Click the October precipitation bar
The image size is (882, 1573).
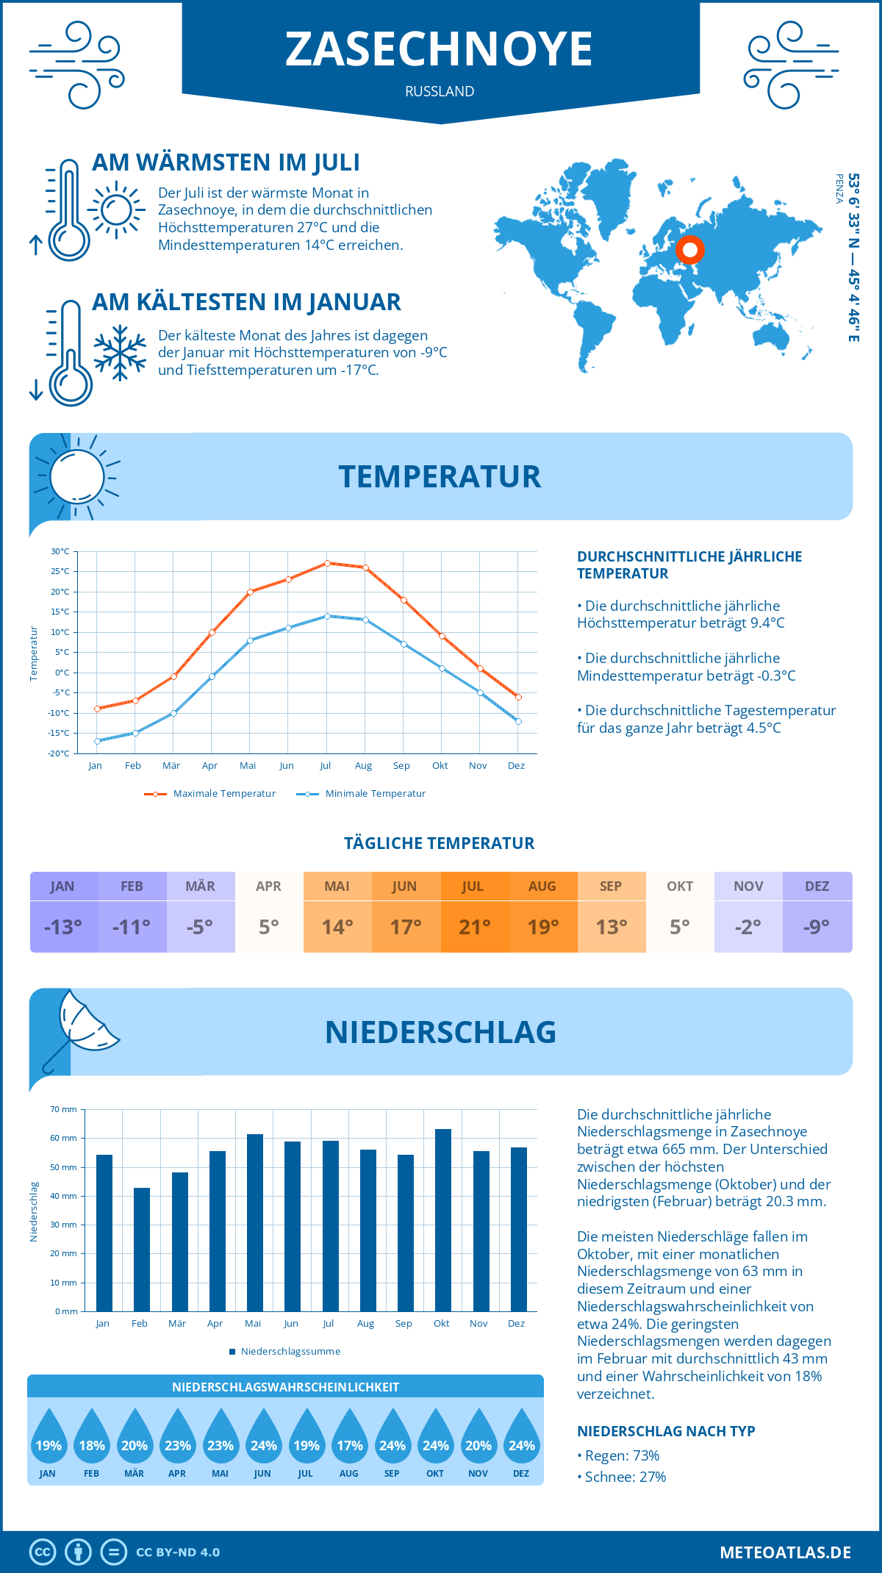[442, 1220]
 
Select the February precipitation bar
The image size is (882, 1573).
[141, 1250]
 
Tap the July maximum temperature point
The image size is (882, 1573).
[327, 563]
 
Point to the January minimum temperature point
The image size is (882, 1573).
[97, 741]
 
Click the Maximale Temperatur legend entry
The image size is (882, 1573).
[210, 794]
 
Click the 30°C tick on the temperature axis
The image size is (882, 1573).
[60, 551]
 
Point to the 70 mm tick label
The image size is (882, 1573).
[64, 1109]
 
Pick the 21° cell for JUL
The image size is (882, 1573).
[474, 927]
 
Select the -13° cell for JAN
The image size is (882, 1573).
[63, 927]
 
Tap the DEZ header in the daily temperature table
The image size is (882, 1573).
[817, 886]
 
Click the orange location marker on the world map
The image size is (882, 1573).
[690, 250]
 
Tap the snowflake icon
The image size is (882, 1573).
[120, 353]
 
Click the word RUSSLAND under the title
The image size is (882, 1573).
[440, 91]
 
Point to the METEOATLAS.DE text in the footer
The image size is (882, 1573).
[785, 1552]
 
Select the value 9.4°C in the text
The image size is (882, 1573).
[767, 623]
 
